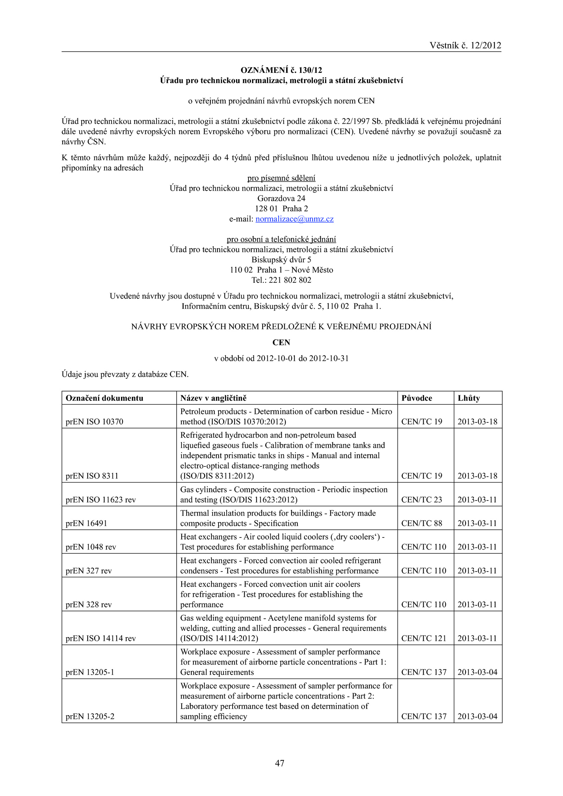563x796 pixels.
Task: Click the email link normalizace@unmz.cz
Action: coord(294,219)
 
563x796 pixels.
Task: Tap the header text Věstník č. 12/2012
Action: coord(465,45)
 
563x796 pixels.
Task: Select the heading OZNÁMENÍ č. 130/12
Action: coord(281,70)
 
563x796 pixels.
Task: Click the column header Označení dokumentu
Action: coord(105,398)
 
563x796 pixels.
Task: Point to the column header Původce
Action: coord(417,398)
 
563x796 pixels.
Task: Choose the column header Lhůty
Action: coord(469,398)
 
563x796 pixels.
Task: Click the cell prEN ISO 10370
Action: coord(94,421)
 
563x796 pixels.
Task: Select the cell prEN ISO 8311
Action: coord(92,476)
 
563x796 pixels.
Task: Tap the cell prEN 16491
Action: coord(86,523)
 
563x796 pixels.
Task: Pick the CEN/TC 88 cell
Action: coord(422,523)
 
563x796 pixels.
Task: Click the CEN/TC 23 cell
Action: coord(422,499)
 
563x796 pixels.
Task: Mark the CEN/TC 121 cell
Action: coord(424,638)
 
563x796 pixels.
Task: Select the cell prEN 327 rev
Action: coord(89,571)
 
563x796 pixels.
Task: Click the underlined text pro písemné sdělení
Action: coord(281,178)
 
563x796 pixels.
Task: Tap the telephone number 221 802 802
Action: coord(290,280)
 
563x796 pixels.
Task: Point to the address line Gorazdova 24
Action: coord(281,198)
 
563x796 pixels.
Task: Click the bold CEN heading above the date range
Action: coord(281,342)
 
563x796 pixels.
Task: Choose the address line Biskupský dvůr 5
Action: coord(281,260)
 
